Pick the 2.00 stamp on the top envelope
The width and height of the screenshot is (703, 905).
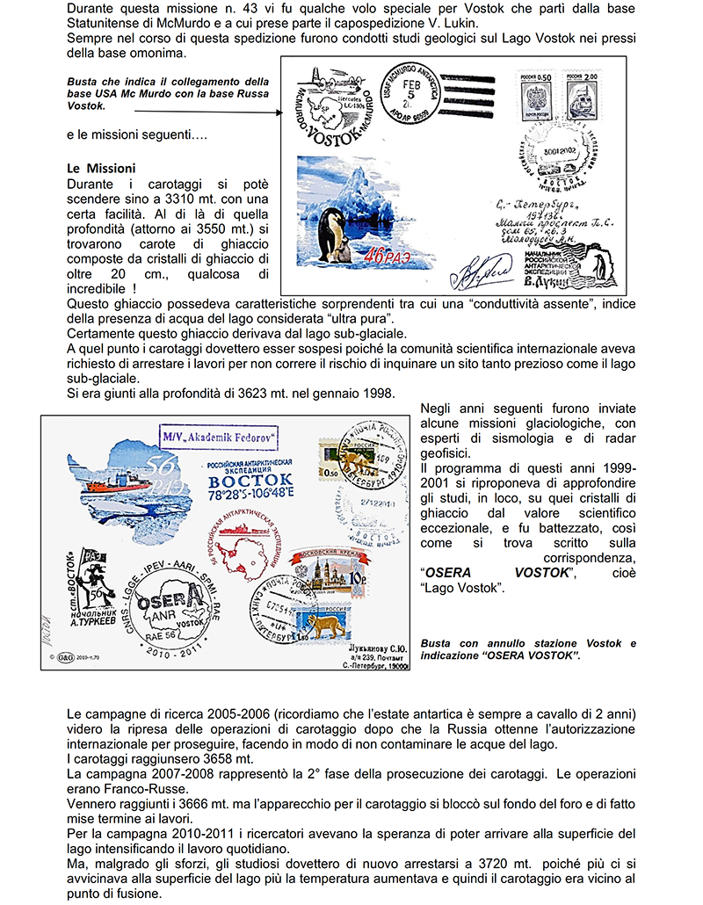[x=581, y=95]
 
